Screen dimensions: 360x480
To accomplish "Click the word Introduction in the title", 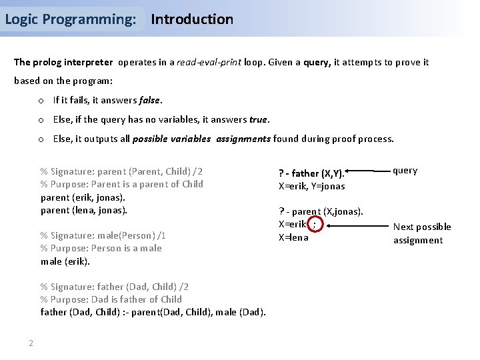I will tap(192, 19).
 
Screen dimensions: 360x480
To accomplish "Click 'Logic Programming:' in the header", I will tap(71, 19).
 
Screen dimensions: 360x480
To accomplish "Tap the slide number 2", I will tap(31, 343).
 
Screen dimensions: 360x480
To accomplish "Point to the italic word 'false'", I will tap(150, 101).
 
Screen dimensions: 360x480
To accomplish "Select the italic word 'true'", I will tap(259, 120).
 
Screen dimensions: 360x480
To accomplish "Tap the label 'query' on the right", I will tap(405, 171).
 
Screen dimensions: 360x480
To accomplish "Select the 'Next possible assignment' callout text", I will tap(421, 233).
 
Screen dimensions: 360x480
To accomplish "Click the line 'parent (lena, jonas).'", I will tap(83, 210).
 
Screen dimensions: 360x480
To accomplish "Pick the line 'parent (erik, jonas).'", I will tap(83, 197).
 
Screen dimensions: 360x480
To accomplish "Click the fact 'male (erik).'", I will tap(65, 261).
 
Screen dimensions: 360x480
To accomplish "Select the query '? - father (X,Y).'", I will tap(311, 173).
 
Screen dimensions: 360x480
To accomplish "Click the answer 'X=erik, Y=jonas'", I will tap(311, 187).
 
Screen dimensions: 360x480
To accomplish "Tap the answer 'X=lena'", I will tap(293, 237).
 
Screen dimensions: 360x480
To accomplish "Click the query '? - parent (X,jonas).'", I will tap(321, 212).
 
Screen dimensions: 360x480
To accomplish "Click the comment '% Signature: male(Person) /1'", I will tap(103, 235).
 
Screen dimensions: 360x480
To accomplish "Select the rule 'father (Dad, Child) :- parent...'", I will tap(153, 312).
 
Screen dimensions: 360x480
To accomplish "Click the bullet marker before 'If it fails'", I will tap(41, 101).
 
